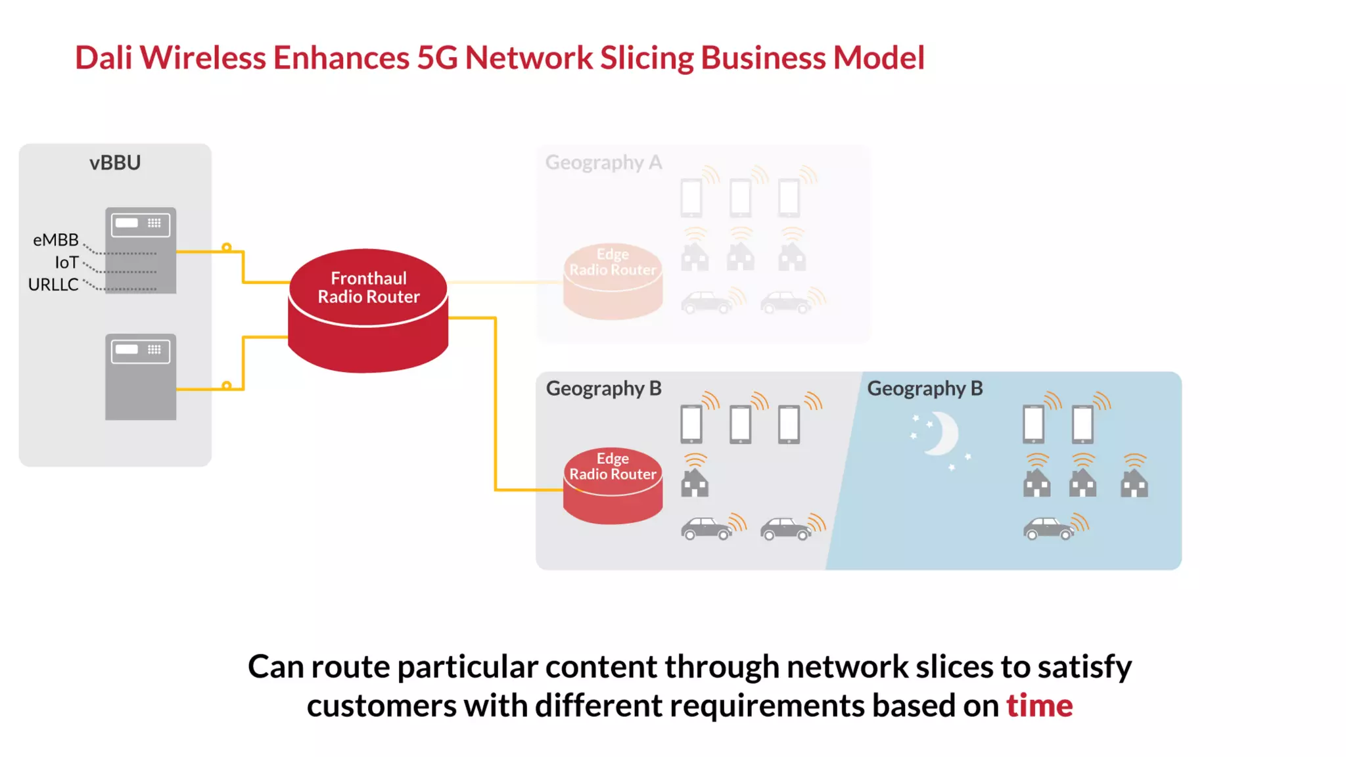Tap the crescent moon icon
(942, 434)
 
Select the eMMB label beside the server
(56, 240)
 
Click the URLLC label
(53, 285)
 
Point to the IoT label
(66, 262)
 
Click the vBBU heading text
(115, 162)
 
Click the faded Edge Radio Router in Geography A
(613, 281)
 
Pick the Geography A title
(603, 162)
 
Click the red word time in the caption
(1039, 706)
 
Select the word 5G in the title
(437, 58)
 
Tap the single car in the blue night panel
(1048, 528)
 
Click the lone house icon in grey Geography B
(695, 484)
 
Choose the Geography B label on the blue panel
(925, 388)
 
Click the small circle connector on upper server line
(226, 248)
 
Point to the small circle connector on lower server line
(226, 386)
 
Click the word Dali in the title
(104, 58)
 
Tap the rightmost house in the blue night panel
(1134, 484)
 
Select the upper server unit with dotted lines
(141, 250)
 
